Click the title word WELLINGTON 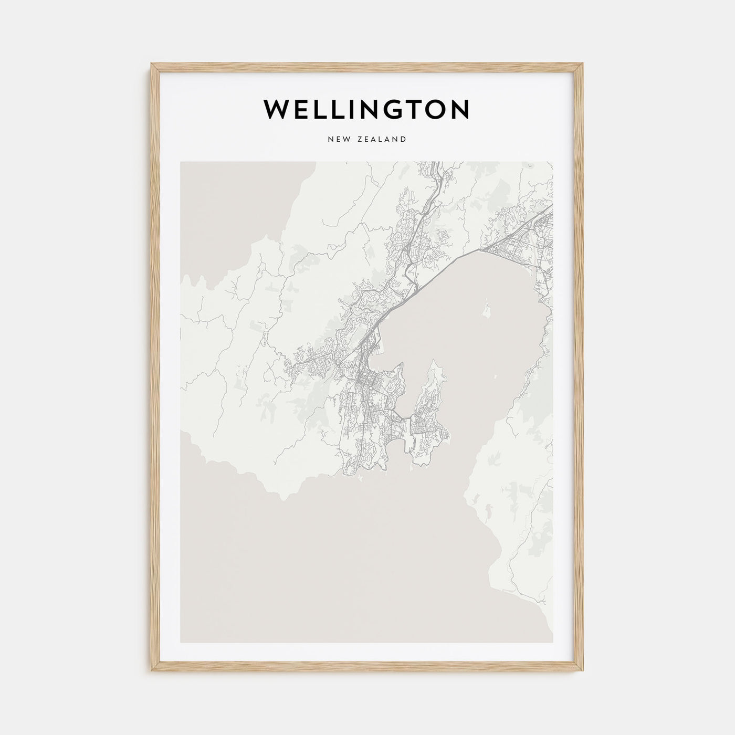coord(366,109)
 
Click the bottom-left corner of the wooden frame coord(152,671)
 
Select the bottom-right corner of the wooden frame coord(583,671)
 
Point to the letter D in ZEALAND coord(403,139)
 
